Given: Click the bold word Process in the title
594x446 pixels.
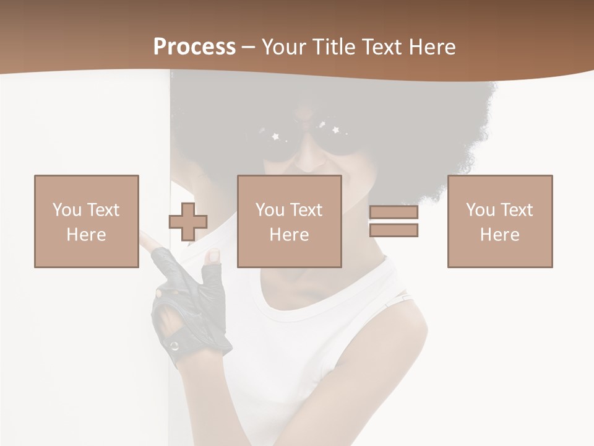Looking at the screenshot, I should [194, 47].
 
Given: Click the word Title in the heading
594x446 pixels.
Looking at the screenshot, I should [334, 47].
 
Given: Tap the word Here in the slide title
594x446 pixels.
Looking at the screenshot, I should [433, 47].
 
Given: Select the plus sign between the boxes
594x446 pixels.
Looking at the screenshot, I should [188, 222].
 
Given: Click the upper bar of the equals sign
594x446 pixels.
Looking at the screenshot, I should [394, 213].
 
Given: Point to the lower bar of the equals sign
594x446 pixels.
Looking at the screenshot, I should [394, 230].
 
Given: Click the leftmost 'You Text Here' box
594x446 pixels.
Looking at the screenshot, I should [87, 221].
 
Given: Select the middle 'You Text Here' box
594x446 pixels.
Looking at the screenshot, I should [290, 221].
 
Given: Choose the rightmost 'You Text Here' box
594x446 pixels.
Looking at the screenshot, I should [500, 221].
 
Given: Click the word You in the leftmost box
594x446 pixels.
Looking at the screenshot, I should [66, 209].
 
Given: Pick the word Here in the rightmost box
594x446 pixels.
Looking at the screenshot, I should [500, 235].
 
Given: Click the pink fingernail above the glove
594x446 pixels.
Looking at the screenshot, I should [213, 255].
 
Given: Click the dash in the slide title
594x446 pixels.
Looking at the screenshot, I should [249, 47].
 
